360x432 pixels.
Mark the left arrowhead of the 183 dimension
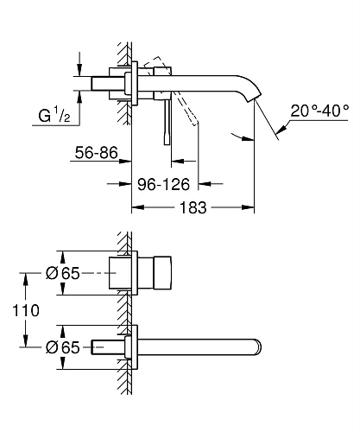pyautogui.click(x=135, y=208)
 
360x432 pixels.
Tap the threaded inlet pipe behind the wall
pyautogui.click(x=108, y=83)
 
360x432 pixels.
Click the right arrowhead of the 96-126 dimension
pyautogui.click(x=203, y=183)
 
